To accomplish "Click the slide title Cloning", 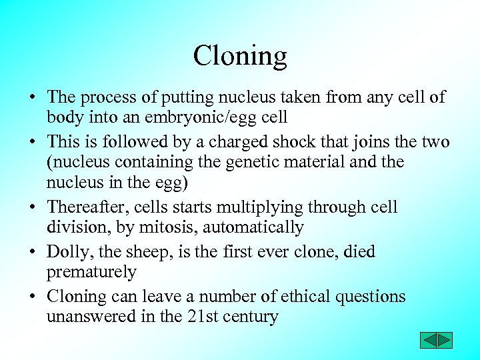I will [240, 56].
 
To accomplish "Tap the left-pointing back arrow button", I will [428, 340].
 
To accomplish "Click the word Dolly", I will [65, 252].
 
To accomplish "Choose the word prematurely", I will [91, 272].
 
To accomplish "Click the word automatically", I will [253, 228].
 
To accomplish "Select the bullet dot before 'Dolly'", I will [32, 253].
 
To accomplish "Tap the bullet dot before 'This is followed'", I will [32, 143].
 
